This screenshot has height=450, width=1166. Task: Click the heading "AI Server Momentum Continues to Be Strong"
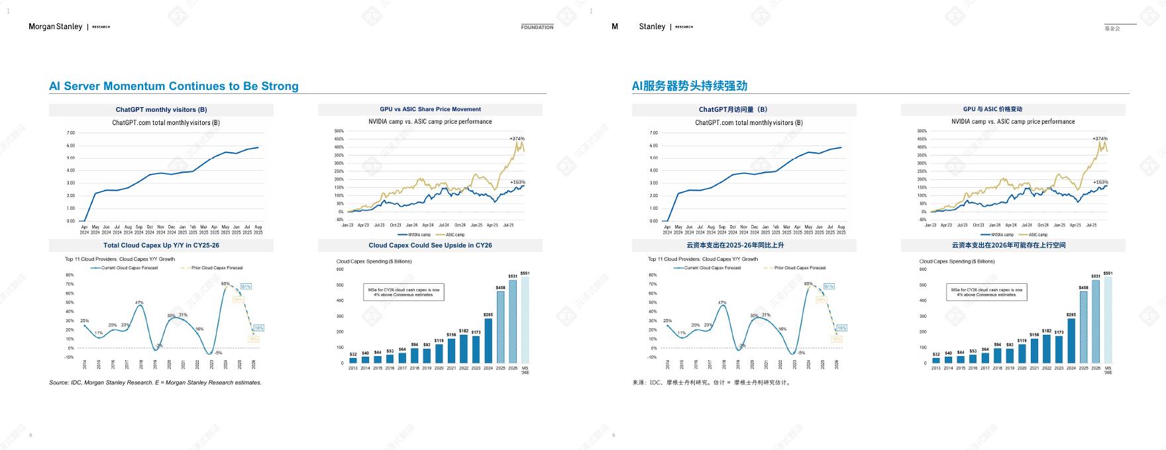click(x=174, y=86)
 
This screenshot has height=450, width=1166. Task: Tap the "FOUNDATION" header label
click(x=537, y=27)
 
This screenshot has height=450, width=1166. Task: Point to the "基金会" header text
click(x=1112, y=28)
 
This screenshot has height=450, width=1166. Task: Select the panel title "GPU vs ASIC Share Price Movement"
click(x=430, y=109)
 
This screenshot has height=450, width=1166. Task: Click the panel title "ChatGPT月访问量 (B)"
click(x=733, y=110)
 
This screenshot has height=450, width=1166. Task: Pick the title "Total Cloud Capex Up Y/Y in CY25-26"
click(x=161, y=246)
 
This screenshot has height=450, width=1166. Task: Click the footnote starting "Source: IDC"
click(x=155, y=382)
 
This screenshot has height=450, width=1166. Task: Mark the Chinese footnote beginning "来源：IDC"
click(x=712, y=382)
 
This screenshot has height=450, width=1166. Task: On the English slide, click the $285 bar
click(x=488, y=340)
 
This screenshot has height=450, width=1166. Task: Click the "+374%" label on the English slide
click(x=517, y=139)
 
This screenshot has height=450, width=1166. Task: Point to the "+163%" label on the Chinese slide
click(x=1100, y=182)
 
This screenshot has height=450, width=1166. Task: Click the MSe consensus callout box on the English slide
click(x=403, y=292)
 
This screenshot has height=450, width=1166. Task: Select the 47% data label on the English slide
click(x=139, y=303)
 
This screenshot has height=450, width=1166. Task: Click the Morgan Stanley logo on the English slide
click(x=56, y=26)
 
